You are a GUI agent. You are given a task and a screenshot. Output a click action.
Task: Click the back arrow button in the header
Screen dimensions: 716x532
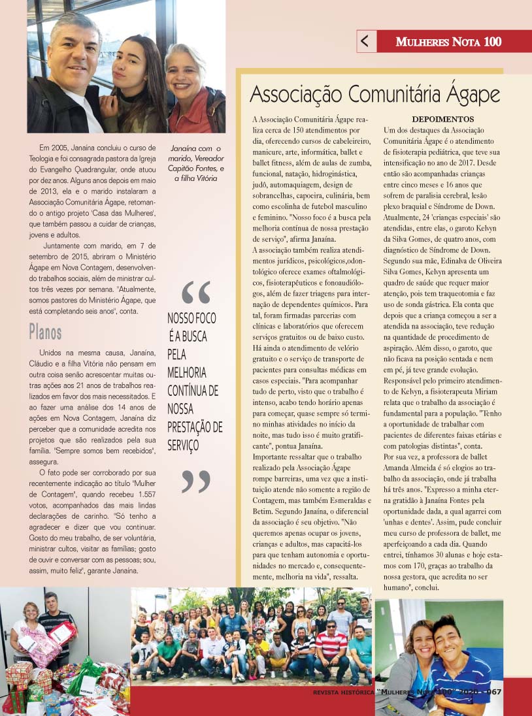365,41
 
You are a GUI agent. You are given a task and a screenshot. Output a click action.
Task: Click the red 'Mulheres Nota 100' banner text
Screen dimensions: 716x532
448,42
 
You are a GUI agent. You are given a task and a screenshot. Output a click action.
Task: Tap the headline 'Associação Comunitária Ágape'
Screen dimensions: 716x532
374,95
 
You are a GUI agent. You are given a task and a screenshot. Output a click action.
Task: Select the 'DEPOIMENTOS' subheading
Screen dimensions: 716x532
442,120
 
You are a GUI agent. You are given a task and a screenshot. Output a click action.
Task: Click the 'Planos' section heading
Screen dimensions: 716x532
45,332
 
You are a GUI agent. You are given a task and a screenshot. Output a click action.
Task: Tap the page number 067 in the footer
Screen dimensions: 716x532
491,692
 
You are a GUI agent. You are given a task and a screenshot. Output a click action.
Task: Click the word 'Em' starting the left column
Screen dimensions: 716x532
44,147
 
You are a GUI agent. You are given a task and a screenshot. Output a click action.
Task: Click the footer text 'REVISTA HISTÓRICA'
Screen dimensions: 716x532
343,692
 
